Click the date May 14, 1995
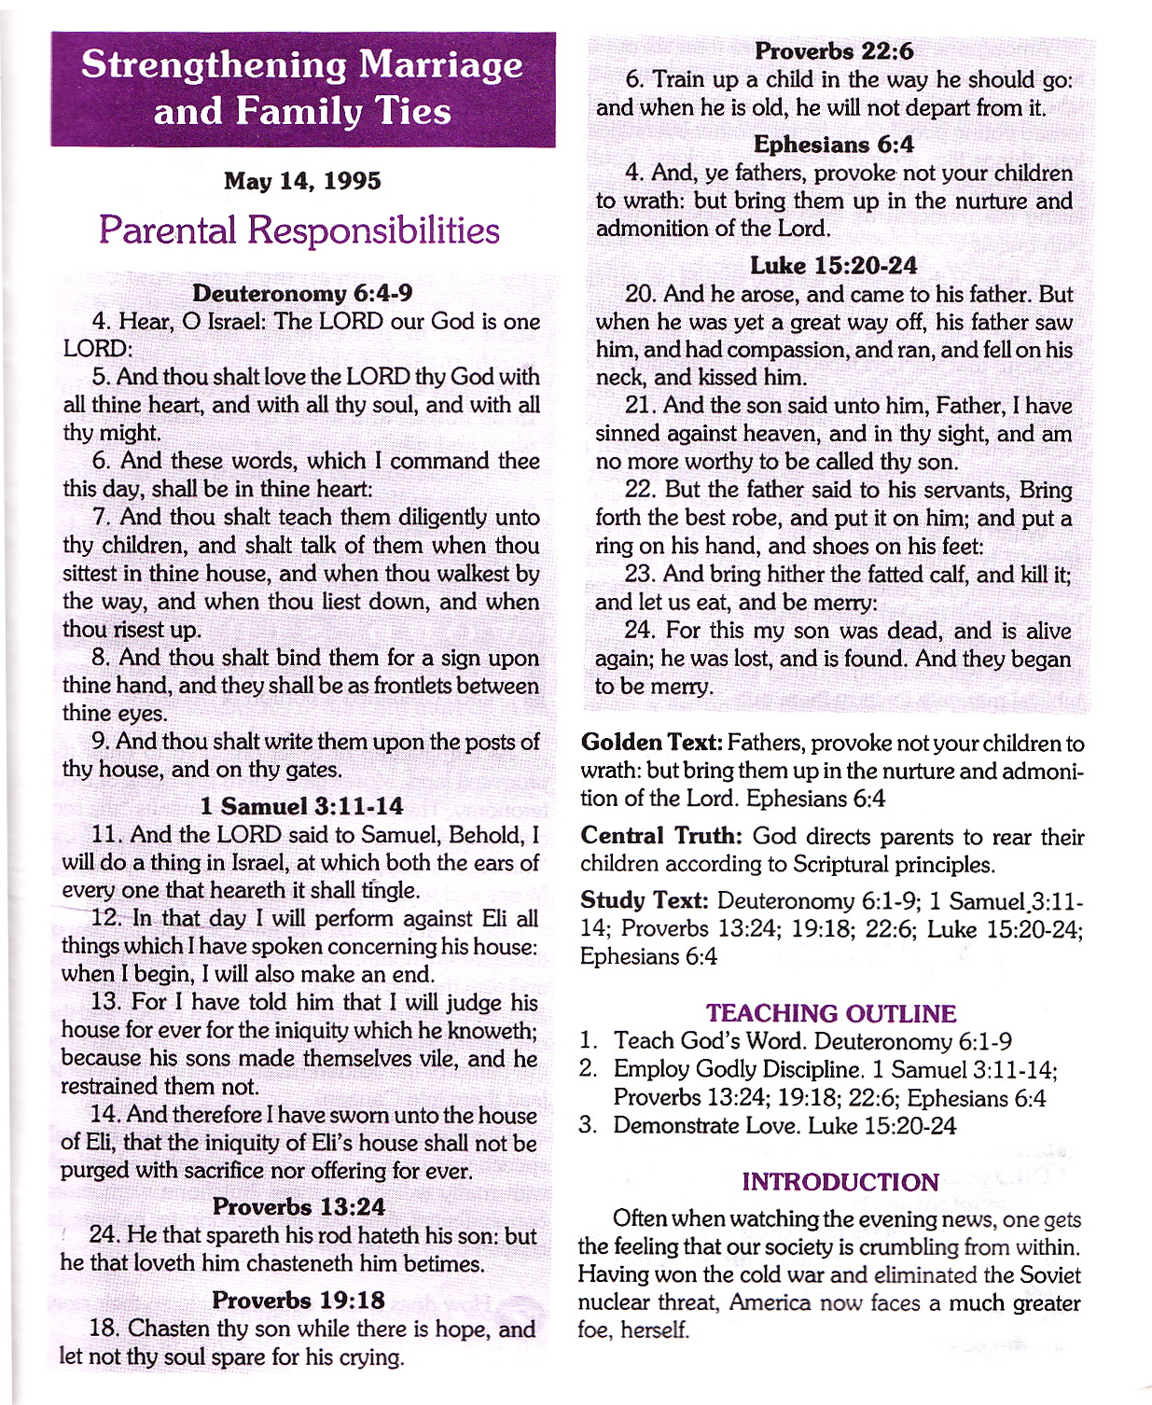[302, 181]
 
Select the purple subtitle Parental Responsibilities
[298, 230]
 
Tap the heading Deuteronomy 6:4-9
[302, 293]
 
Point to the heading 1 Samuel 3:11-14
[301, 806]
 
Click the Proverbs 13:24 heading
[298, 1206]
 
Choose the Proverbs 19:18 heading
[298, 1300]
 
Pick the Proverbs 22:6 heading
[834, 50]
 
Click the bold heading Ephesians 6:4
[834, 145]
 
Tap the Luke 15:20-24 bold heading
[834, 266]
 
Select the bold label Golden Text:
[651, 743]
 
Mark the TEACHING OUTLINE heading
[831, 1013]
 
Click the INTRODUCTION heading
[840, 1182]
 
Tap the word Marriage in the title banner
[441, 65]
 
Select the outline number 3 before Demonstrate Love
[588, 1125]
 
